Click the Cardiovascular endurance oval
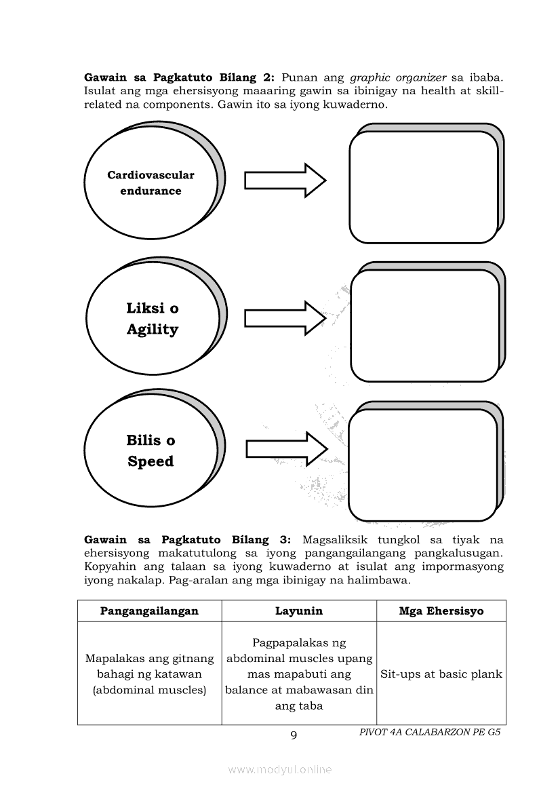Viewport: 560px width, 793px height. [151, 183]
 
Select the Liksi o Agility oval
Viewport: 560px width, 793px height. [153, 319]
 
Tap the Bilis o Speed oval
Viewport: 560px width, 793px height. [151, 451]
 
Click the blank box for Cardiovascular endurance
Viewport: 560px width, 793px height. [424, 187]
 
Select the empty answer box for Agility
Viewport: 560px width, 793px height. [425, 326]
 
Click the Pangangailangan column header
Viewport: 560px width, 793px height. [149, 611]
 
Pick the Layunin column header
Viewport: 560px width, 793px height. [299, 611]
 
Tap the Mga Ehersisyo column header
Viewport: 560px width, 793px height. [441, 611]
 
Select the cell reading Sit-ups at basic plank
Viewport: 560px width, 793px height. [441, 674]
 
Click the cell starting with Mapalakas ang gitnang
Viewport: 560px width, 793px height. [149, 674]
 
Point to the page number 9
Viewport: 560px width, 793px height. [293, 736]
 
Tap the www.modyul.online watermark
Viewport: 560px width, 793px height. [280, 769]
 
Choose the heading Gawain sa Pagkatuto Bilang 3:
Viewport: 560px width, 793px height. [187, 540]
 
